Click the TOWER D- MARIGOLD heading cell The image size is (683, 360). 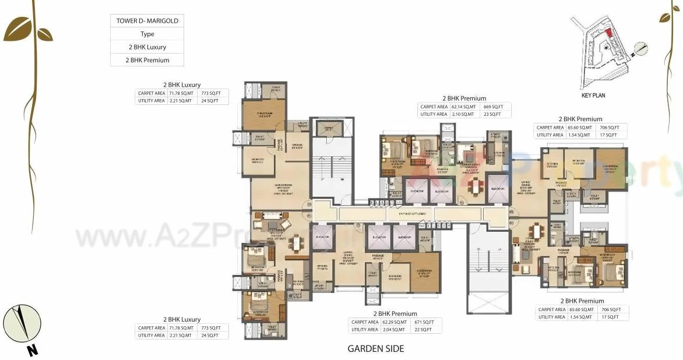click(x=147, y=21)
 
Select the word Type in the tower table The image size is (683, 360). click(x=147, y=34)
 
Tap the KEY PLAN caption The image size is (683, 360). click(x=593, y=95)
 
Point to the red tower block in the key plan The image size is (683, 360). click(x=608, y=33)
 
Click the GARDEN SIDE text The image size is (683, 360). click(x=375, y=349)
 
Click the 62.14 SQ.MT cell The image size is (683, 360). click(x=464, y=107)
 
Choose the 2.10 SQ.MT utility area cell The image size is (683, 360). click(x=464, y=114)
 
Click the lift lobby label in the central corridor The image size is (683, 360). click(x=413, y=214)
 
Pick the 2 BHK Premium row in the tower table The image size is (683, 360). click(x=147, y=60)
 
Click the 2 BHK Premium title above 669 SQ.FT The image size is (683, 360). click(x=464, y=98)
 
